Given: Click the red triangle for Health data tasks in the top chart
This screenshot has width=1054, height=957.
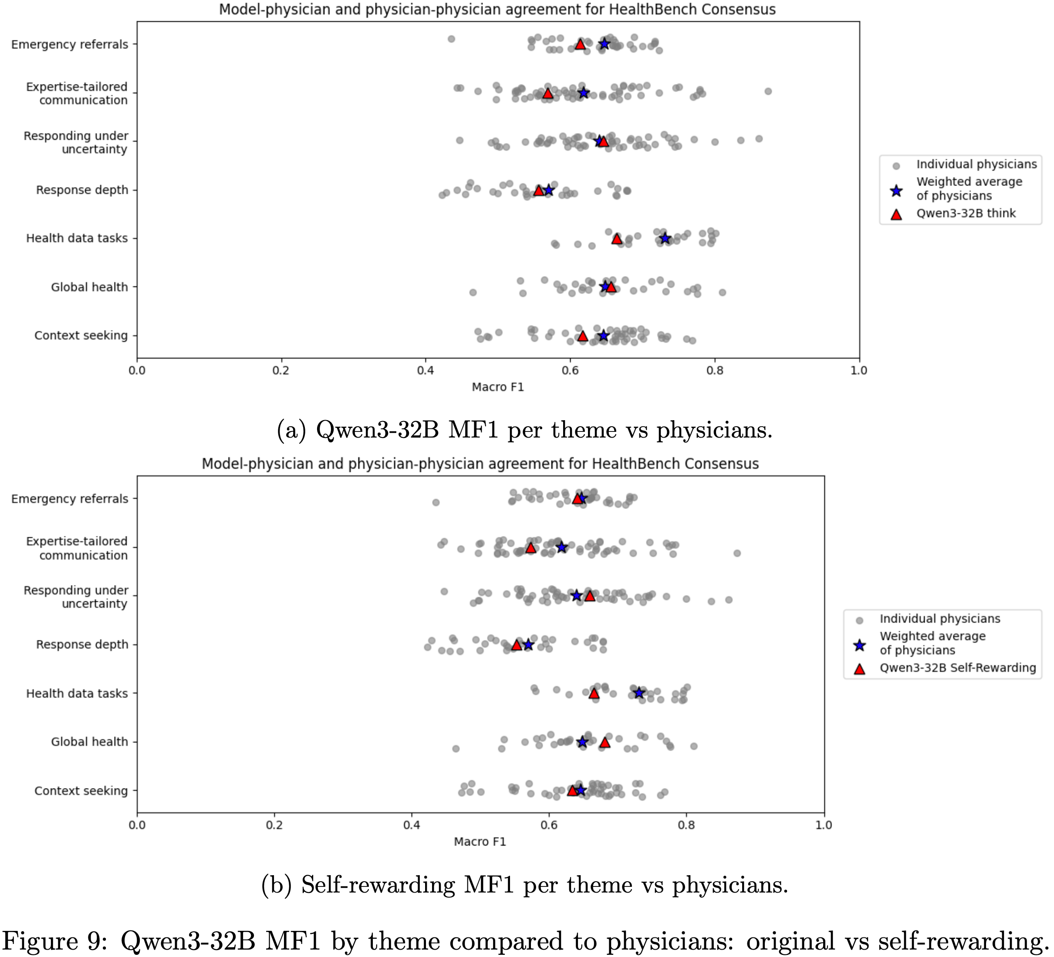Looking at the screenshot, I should (617, 239).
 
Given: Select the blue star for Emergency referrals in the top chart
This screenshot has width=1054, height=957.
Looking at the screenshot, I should (604, 44).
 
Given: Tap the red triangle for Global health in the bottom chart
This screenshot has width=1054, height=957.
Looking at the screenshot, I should (605, 742).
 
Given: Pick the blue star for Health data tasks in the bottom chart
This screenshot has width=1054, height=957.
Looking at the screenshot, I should (638, 693).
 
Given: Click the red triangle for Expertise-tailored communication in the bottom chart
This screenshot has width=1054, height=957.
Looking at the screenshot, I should (530, 547).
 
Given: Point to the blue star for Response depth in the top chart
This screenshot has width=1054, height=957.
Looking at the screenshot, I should (548, 190).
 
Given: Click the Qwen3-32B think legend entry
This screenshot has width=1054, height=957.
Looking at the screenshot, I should (965, 213).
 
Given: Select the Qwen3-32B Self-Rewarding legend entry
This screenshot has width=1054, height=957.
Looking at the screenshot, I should (957, 667).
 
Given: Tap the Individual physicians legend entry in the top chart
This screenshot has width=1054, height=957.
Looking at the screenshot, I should (976, 164).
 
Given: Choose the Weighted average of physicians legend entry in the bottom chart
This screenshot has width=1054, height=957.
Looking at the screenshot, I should (932, 643).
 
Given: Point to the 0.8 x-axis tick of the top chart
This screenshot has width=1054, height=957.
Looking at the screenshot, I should (715, 371).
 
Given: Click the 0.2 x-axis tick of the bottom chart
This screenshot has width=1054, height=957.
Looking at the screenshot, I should (274, 825).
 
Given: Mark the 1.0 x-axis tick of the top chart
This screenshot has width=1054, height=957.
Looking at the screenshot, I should (859, 371).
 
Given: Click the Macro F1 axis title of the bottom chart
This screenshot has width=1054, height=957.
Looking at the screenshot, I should (480, 842).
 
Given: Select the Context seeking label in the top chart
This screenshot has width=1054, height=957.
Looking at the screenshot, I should (81, 336).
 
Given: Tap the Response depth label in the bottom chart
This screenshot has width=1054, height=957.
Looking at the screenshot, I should (82, 644).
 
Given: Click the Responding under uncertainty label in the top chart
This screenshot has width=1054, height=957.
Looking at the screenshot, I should (76, 142).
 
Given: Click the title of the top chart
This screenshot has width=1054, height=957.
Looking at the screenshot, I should (497, 10).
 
